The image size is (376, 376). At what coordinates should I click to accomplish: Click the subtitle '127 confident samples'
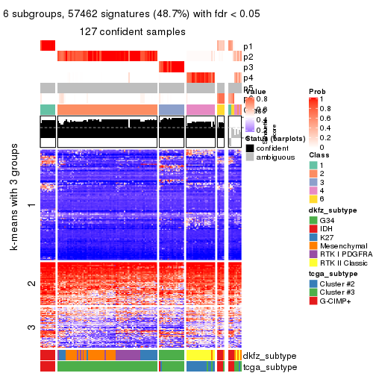[x=133, y=31]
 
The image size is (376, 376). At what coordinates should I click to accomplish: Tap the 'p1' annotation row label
[x=248, y=46]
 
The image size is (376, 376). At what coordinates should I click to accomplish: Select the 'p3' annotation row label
[x=248, y=67]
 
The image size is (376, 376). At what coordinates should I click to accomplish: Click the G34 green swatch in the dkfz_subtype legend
[x=313, y=221]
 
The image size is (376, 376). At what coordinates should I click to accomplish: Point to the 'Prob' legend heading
[x=316, y=90]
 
